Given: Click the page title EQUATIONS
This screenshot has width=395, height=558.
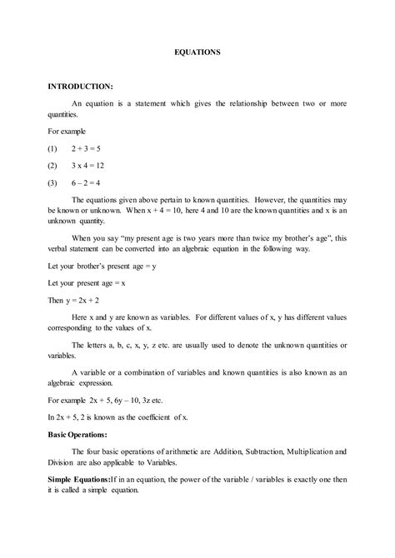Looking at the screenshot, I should pyautogui.click(x=197, y=52).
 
